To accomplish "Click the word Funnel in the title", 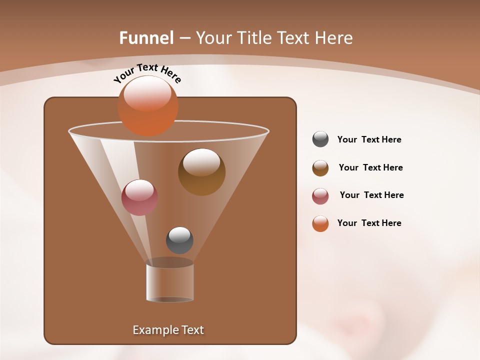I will pyautogui.click(x=146, y=38).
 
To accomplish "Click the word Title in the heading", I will pyautogui.click(x=253, y=38).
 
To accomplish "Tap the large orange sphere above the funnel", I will pyautogui.click(x=147, y=106).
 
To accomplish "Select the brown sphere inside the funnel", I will pyautogui.click(x=201, y=172).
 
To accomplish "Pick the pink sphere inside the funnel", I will pyautogui.click(x=139, y=197).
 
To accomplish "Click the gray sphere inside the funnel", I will pyautogui.click(x=179, y=240).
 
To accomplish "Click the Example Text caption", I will pyautogui.click(x=168, y=330).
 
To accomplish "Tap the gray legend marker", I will pyautogui.click(x=320, y=139).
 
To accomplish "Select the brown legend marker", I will pyautogui.click(x=320, y=168).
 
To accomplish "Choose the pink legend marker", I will pyautogui.click(x=320, y=196).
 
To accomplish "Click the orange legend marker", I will pyautogui.click(x=320, y=223).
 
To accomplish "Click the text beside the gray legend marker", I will pyautogui.click(x=369, y=140).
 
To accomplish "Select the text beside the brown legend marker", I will pyautogui.click(x=370, y=168).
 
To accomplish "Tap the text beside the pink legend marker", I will pyautogui.click(x=371, y=195).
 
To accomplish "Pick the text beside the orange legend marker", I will pyautogui.click(x=369, y=223).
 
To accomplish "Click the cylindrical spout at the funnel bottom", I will pyautogui.click(x=170, y=282).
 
